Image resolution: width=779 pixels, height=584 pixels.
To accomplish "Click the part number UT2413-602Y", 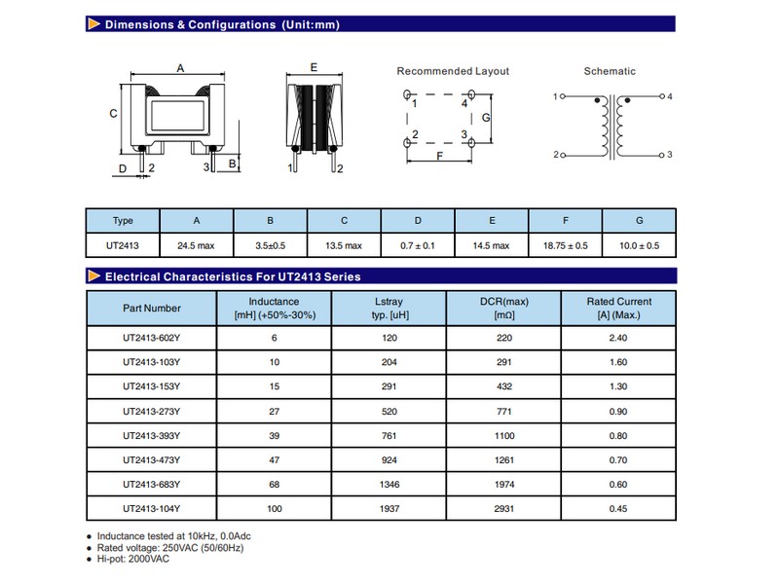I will coord(151,338).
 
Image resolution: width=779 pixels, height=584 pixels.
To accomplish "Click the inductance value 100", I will coord(274,508).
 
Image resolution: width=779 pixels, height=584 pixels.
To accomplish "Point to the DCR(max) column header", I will coord(502,308).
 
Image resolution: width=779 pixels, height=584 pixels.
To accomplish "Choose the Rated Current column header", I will coord(619,308).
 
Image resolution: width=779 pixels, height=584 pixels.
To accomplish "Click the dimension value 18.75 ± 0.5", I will coord(565,245).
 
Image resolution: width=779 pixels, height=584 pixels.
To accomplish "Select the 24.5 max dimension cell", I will coord(196,245).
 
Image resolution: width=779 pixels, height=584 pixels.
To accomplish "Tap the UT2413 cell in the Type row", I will coord(123,245).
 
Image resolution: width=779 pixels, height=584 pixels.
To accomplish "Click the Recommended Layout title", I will coord(453,71).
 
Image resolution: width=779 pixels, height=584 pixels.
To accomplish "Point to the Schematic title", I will coord(610,71).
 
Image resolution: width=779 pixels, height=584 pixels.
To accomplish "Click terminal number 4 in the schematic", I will coord(670,97).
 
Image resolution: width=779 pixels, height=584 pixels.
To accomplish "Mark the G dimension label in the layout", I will coord(486,117).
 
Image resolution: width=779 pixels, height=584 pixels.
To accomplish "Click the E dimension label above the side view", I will coord(313,67).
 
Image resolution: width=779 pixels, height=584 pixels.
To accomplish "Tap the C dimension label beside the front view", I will coord(113,113).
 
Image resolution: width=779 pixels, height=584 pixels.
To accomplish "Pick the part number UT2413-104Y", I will coord(151,508).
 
